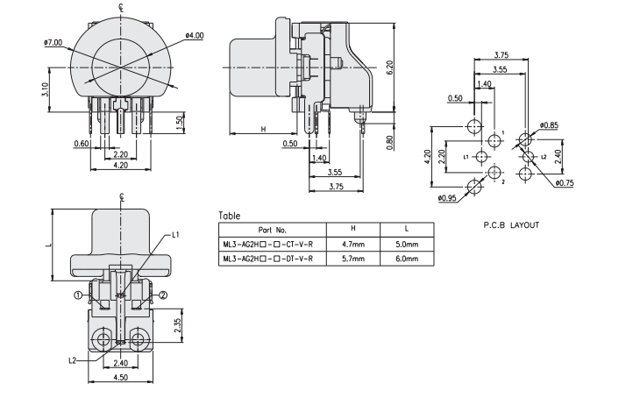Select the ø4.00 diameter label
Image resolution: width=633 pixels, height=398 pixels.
pos(195,35)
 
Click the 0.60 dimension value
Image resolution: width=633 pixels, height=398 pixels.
pos(82,143)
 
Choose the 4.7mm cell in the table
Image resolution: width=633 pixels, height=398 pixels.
pos(352,244)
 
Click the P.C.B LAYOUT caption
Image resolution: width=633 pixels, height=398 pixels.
pos(511,225)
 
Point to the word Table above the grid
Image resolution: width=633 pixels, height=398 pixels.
pos(230,214)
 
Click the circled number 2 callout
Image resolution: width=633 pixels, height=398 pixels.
pos(163,295)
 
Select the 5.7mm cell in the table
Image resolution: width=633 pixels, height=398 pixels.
pos(352,259)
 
